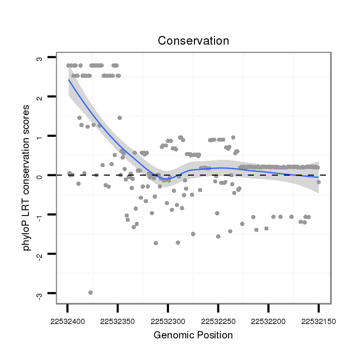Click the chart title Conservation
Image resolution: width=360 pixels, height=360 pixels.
click(193, 41)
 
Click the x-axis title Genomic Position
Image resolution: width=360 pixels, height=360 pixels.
click(193, 335)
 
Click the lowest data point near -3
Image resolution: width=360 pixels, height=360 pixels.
click(90, 292)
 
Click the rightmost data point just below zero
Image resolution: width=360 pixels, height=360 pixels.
click(318, 182)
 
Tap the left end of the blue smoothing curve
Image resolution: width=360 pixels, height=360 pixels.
click(69, 80)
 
